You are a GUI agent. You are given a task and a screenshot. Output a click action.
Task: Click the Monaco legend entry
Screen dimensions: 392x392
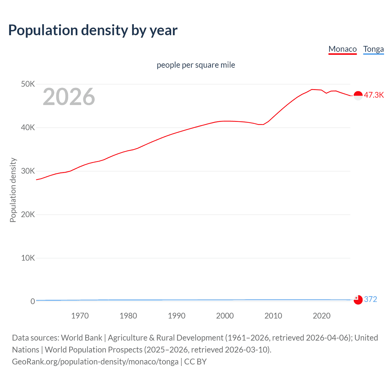pyautogui.click(x=342, y=49)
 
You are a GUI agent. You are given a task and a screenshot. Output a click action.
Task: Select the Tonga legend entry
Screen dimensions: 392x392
pyautogui.click(x=373, y=49)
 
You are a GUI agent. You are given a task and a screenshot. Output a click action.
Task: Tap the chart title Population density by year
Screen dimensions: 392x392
pyautogui.click(x=93, y=30)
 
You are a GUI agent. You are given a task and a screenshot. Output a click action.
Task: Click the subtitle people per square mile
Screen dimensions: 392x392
pyautogui.click(x=196, y=65)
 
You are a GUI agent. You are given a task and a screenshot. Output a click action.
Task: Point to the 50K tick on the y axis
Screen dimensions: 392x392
pyautogui.click(x=28, y=84)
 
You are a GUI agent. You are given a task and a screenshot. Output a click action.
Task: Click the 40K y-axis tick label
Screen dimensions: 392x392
pyautogui.click(x=28, y=127)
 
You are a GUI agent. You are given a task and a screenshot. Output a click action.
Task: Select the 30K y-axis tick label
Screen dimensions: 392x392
pyautogui.click(x=28, y=171)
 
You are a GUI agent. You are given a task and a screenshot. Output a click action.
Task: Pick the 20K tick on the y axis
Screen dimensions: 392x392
pyautogui.click(x=28, y=214)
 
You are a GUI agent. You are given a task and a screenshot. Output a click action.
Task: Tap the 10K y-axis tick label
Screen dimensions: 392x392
pyautogui.click(x=28, y=258)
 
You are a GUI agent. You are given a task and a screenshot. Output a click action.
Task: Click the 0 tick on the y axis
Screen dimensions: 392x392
pyautogui.click(x=33, y=301)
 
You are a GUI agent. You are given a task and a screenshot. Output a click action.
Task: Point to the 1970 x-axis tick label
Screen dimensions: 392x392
pyautogui.click(x=80, y=316)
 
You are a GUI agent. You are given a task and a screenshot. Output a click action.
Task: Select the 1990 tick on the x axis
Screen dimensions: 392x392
pyautogui.click(x=177, y=316)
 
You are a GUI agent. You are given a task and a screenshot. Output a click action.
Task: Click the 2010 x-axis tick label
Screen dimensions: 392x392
pyautogui.click(x=273, y=316)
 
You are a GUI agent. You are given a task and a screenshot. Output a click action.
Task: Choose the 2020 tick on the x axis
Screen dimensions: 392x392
pyautogui.click(x=322, y=316)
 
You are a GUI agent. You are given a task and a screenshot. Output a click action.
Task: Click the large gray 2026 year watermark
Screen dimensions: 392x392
pyautogui.click(x=69, y=97)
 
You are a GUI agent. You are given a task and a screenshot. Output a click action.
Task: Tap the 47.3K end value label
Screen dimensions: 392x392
pyautogui.click(x=374, y=95)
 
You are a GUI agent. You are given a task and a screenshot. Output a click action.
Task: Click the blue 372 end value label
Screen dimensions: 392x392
pyautogui.click(x=371, y=299)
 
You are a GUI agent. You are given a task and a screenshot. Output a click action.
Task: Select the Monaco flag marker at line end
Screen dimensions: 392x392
pyautogui.click(x=358, y=96)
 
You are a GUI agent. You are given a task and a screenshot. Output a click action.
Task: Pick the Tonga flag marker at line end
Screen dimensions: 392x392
pyautogui.click(x=358, y=300)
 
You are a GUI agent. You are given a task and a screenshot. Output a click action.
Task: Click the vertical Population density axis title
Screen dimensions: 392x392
pyautogui.click(x=13, y=190)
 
